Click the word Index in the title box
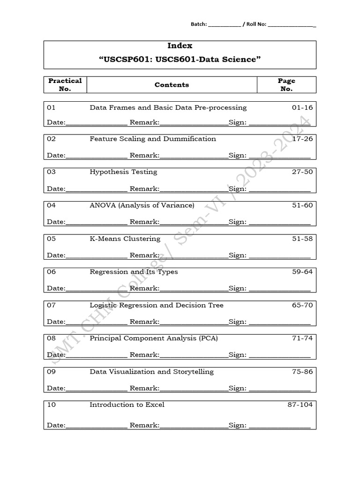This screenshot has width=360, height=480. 180,46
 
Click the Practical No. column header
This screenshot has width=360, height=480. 65,84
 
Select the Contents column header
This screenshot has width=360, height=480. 172,85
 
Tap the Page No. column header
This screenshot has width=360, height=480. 286,84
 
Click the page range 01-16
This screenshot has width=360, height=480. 302,108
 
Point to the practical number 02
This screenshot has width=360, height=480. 52,139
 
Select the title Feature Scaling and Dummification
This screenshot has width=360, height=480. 153,139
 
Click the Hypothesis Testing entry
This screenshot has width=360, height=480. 123,172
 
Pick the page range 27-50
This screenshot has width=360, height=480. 302,172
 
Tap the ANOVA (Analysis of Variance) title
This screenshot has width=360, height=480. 142,205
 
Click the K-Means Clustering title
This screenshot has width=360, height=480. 125,239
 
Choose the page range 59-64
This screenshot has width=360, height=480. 302,272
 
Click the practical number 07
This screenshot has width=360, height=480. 52,305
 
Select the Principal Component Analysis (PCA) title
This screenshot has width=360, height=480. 154,338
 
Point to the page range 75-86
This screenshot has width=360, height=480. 302,372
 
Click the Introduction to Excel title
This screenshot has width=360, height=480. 127,405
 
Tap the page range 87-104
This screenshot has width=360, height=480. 300,405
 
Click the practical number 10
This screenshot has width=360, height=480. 52,405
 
